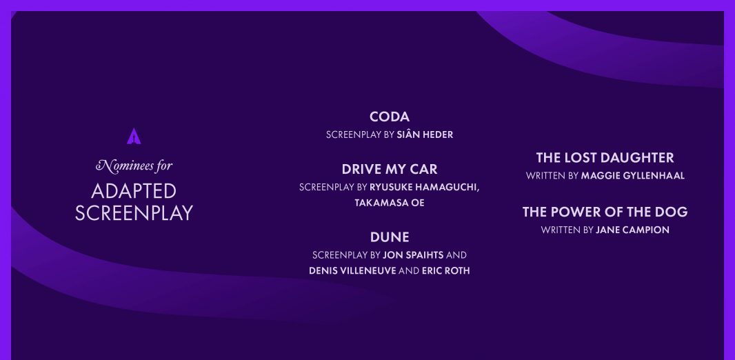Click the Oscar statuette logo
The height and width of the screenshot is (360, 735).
point(134,136)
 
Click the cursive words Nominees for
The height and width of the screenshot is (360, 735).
point(134,166)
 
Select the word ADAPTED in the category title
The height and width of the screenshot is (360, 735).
point(134,191)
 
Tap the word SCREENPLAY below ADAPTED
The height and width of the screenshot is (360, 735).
point(134,213)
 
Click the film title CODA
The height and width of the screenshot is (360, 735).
point(390,117)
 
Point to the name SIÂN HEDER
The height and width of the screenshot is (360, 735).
point(425,135)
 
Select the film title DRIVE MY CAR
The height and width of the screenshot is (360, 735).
point(390,169)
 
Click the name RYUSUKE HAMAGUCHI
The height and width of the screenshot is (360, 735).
point(423,188)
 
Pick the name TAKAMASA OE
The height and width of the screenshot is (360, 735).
point(390,203)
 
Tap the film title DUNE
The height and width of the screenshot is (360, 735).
point(390,237)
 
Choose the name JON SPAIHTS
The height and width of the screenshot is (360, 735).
point(413,255)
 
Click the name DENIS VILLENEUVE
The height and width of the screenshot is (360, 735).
point(352,271)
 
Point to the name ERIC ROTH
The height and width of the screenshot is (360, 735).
point(446,271)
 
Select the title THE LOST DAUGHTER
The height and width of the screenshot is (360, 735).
point(605,157)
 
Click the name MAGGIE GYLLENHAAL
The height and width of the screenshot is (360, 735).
point(633,176)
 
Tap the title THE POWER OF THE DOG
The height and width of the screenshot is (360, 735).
point(605,212)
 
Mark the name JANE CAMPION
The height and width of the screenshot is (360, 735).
point(632,230)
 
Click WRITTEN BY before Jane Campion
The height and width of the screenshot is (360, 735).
point(567,230)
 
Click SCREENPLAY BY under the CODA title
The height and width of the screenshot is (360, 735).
point(360,135)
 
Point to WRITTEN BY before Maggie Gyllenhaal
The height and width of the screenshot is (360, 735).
point(552,176)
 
